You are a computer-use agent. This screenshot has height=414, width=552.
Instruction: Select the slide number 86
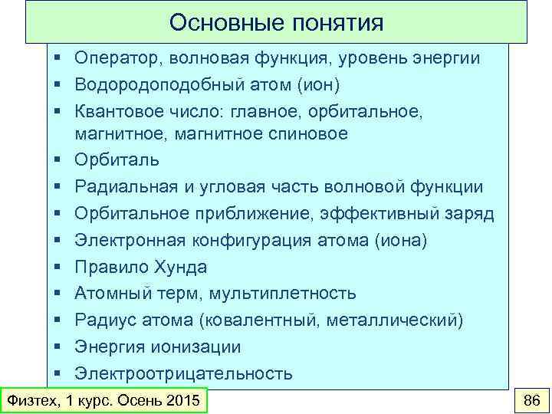(x=531, y=400)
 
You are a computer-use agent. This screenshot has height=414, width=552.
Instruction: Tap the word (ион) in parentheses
(x=314, y=84)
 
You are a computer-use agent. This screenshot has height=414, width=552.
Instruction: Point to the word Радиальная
(x=121, y=187)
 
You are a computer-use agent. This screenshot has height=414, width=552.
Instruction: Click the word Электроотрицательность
(x=183, y=373)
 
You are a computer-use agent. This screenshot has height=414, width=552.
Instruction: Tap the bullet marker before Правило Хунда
(x=58, y=268)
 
